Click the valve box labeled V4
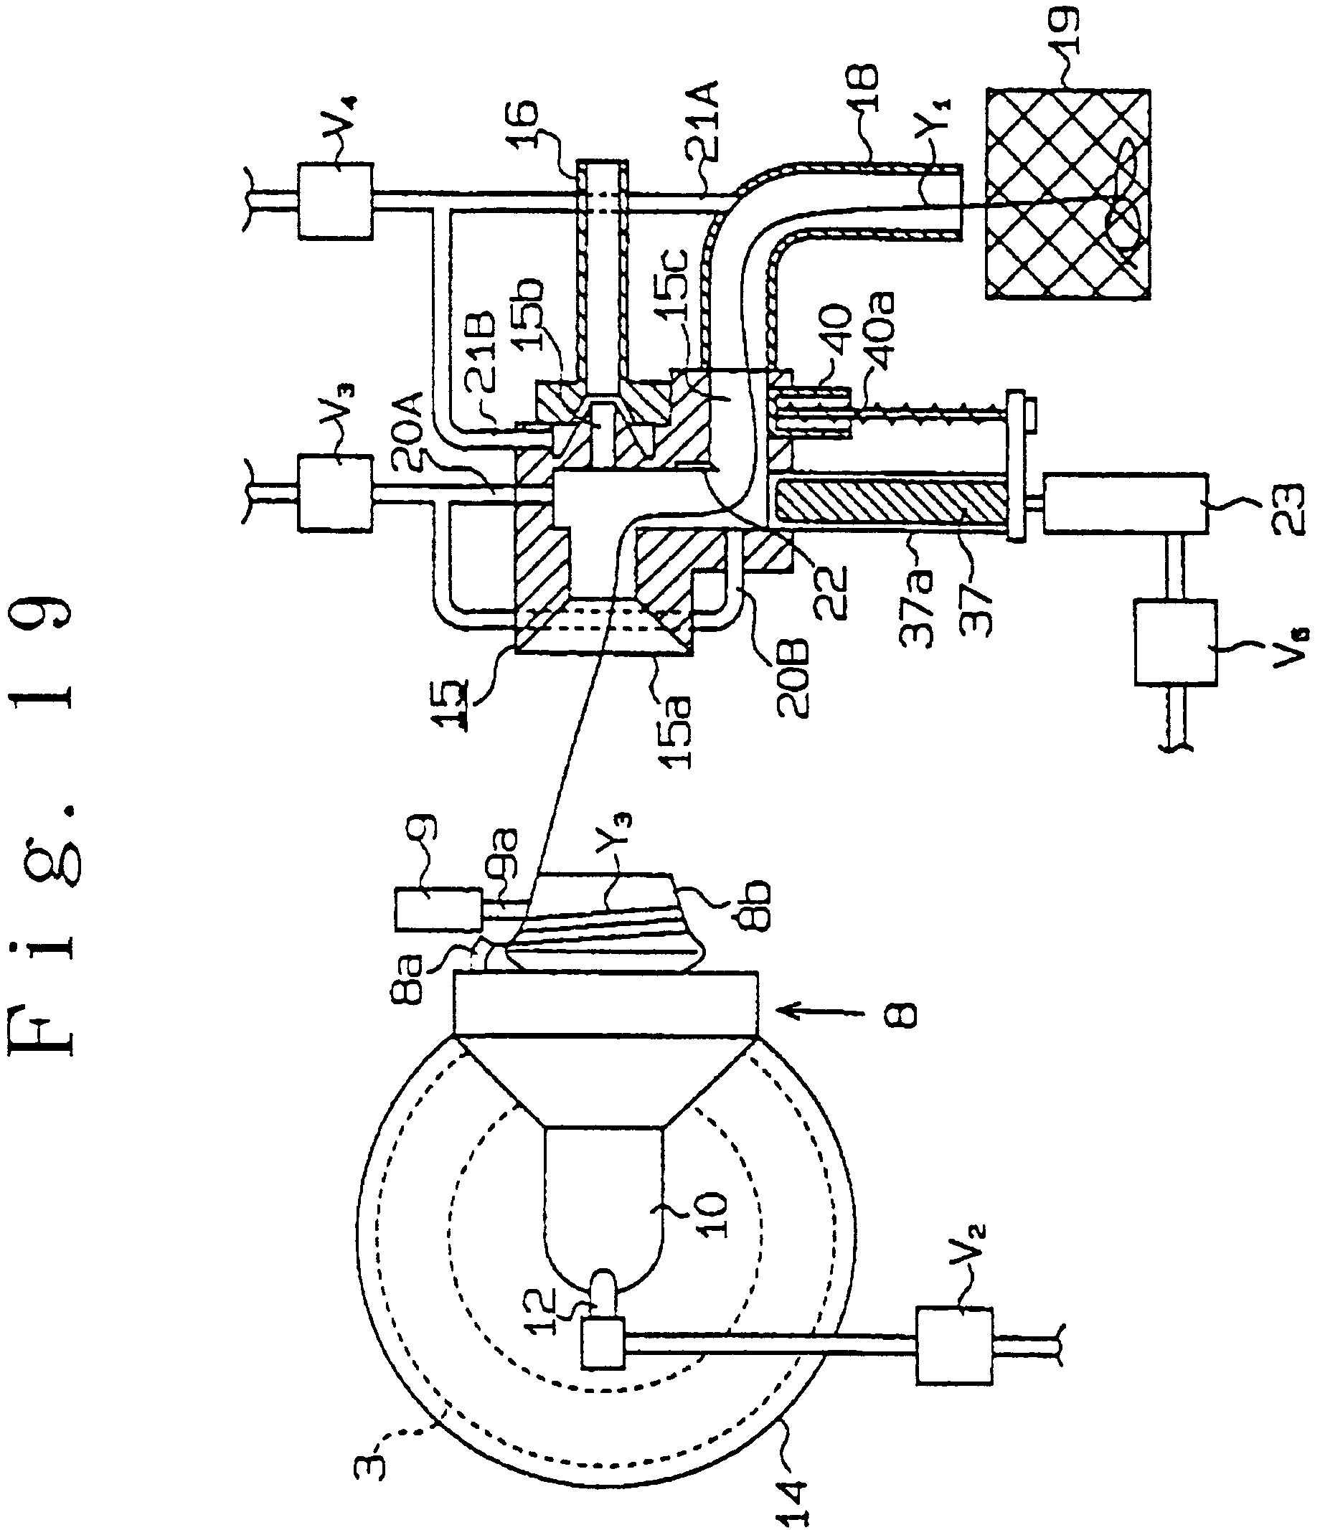click(x=334, y=200)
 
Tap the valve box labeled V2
click(x=953, y=1345)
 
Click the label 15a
click(x=675, y=724)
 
